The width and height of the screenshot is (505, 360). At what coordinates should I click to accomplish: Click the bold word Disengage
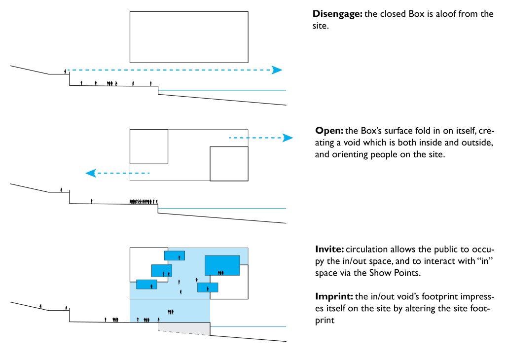point(337,14)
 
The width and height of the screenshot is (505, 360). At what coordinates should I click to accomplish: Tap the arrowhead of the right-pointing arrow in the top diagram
point(277,70)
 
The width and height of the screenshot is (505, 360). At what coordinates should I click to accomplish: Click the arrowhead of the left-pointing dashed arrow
point(90,173)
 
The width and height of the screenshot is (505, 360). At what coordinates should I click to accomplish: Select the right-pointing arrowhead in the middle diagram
point(288,138)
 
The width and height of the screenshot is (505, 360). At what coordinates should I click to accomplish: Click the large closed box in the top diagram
point(189,37)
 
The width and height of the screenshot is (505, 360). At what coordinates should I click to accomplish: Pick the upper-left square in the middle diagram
point(149,146)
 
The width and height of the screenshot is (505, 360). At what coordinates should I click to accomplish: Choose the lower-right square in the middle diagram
point(229,164)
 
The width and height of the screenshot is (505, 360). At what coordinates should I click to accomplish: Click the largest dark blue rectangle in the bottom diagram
point(222,265)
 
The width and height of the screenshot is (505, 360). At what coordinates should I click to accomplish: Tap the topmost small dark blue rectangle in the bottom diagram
point(175,255)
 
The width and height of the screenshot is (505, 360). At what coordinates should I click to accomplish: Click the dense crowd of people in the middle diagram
point(143,201)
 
